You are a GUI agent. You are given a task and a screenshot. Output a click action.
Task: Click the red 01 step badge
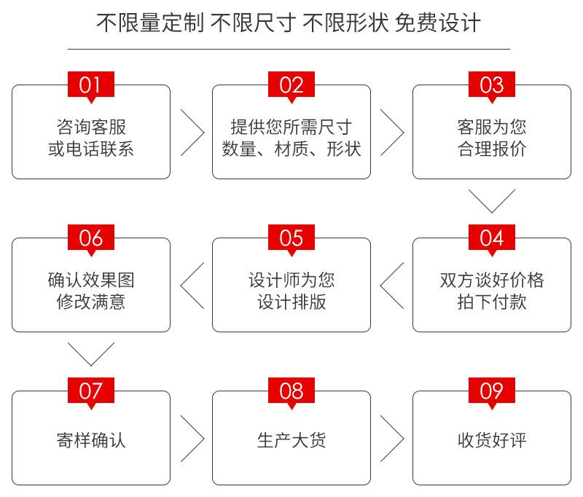click(x=90, y=85)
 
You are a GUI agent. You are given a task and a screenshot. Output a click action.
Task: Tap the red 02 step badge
click(x=291, y=85)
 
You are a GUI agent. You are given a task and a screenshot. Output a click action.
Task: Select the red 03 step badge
click(x=491, y=85)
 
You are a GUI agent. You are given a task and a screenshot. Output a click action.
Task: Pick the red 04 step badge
click(x=491, y=238)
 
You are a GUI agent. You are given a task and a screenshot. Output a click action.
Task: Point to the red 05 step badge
click(x=291, y=238)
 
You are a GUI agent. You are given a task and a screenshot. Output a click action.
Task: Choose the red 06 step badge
click(x=90, y=238)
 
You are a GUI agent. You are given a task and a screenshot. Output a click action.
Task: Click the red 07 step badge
click(x=90, y=392)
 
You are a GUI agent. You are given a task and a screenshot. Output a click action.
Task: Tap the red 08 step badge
click(x=291, y=392)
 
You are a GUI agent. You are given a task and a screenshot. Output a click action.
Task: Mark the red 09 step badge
click(x=491, y=392)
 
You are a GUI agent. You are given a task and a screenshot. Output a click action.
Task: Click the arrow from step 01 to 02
click(x=204, y=133)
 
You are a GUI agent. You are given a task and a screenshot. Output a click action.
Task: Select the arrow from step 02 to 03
click(x=404, y=133)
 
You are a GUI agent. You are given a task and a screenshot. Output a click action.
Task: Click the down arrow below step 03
click(x=492, y=212)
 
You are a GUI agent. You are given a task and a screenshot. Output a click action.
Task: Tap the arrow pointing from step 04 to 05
click(x=380, y=286)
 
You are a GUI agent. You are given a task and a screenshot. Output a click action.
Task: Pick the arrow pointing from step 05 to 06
click(x=181, y=286)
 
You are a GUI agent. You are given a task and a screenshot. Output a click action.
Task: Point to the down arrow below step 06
click(x=91, y=365)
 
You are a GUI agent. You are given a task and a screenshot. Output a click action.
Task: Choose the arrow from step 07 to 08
click(x=204, y=439)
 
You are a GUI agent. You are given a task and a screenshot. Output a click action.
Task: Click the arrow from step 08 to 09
click(x=404, y=439)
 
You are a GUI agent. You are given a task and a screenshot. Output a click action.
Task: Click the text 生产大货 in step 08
click(x=291, y=440)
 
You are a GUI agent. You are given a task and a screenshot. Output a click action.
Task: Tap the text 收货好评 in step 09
click(x=492, y=440)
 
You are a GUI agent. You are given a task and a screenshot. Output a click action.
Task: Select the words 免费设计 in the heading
click(x=438, y=23)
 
